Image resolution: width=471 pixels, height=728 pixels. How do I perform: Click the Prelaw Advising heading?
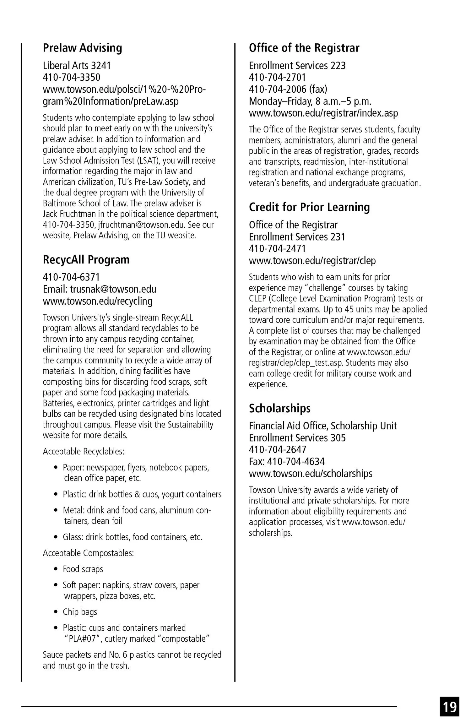pos(82,48)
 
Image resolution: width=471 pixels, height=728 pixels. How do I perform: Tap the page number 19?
pos(449,706)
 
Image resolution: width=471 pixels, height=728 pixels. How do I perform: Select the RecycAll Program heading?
pos(86,260)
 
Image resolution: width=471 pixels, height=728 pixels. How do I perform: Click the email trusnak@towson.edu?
pos(113,289)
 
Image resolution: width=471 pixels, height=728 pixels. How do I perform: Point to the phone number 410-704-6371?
pos(71,277)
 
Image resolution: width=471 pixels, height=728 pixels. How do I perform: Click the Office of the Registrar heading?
pos(304,48)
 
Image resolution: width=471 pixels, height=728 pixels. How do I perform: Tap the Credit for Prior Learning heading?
pos(309,207)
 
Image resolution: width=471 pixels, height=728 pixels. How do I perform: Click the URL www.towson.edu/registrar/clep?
pos(312,260)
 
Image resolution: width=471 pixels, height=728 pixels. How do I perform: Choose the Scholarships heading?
pos(279,408)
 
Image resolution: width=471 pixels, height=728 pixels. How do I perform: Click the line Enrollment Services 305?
pos(297,437)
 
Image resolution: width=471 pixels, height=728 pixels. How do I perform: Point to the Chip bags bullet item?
pos(80,612)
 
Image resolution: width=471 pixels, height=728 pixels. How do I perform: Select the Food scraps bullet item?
pos(83,569)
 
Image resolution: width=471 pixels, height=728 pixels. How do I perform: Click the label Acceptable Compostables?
pos(88,553)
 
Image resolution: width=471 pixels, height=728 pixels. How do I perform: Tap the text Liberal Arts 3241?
pos(77,65)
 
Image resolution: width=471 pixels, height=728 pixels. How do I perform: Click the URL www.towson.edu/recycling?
pos(98,301)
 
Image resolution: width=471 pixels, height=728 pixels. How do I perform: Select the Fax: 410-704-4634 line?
pos(287,461)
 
